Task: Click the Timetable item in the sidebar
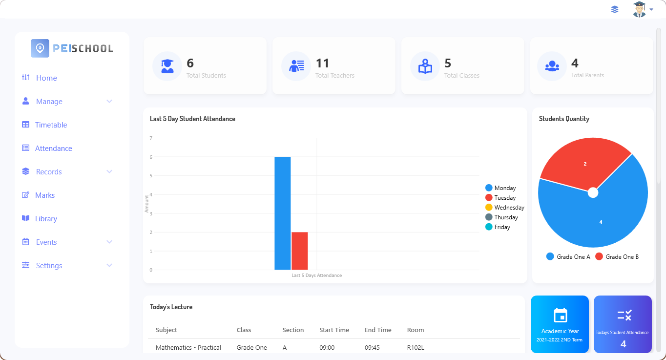coord(51,125)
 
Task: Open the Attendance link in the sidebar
coord(53,148)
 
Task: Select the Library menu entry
coord(46,219)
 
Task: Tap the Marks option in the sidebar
coord(44,195)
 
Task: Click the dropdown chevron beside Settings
coord(109,265)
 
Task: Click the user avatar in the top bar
coord(639,9)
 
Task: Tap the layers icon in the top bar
coord(615,9)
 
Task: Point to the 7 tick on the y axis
coord(151,138)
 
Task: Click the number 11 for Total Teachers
coord(323,63)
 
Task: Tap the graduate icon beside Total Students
coord(167,66)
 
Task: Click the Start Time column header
coord(334,330)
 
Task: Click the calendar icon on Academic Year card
coord(560,315)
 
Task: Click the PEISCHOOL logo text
coord(83,48)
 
